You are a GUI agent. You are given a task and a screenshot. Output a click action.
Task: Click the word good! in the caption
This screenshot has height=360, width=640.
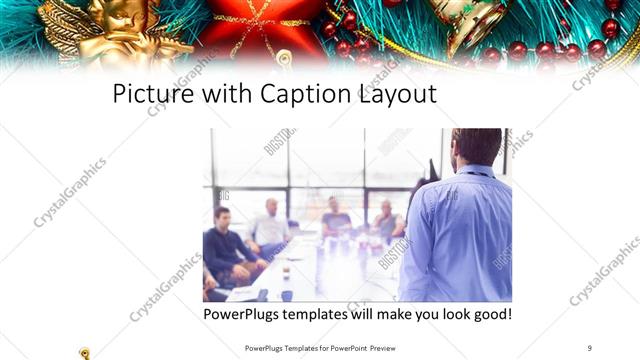coord(487,315)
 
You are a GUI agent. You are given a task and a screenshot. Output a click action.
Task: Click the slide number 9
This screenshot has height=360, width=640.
coord(590,346)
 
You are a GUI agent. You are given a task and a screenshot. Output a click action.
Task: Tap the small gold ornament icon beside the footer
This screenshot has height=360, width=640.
coord(85,351)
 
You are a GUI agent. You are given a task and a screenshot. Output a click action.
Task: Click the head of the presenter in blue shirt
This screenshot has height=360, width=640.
coord(475,148)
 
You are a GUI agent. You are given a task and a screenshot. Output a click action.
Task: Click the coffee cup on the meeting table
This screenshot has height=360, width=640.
coord(286,269)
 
